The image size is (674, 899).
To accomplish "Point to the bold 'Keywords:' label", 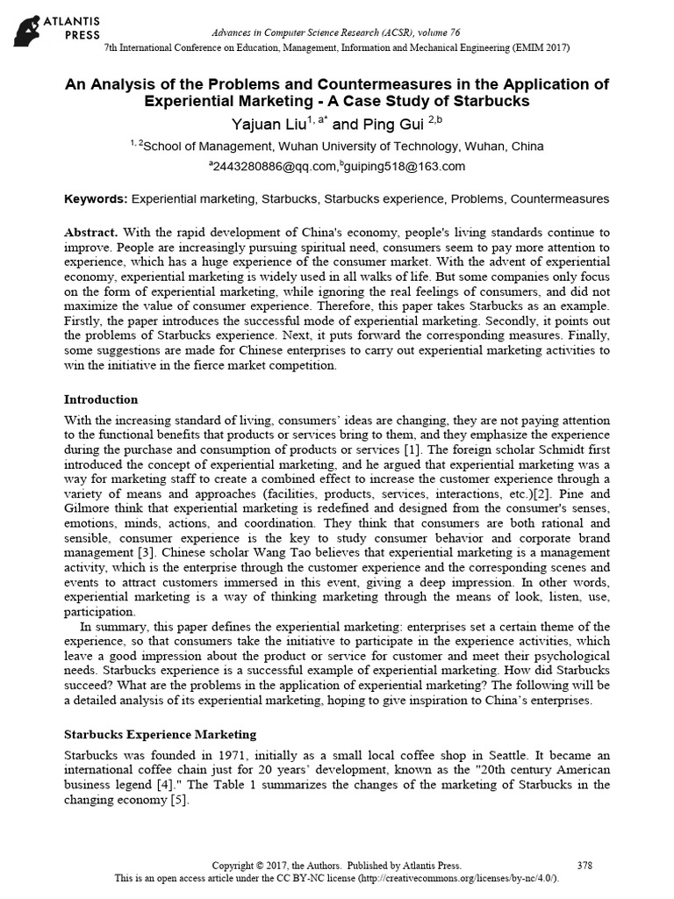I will point(97,199).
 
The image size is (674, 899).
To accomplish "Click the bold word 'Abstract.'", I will point(92,233).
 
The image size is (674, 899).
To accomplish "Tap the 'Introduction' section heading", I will point(103,399).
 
